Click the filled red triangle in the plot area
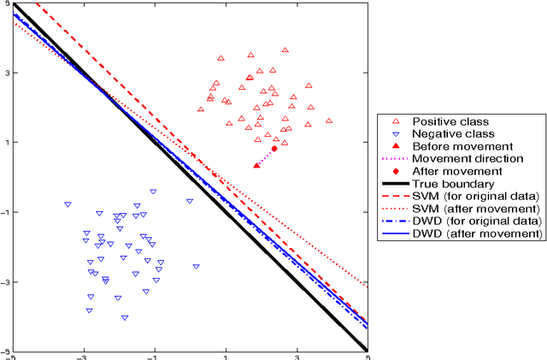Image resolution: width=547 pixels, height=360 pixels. [256, 164]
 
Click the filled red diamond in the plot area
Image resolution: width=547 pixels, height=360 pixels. [274, 148]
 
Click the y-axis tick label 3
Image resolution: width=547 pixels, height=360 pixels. [7, 73]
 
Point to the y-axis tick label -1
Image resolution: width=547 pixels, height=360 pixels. [4, 212]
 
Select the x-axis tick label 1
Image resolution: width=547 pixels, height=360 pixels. [226, 357]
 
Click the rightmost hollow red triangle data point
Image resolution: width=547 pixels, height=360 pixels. [329, 121]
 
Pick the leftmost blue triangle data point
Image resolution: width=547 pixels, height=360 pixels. [68, 204]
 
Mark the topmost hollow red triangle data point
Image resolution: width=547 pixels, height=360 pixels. [285, 50]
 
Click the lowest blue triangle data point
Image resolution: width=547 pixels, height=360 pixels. [125, 318]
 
